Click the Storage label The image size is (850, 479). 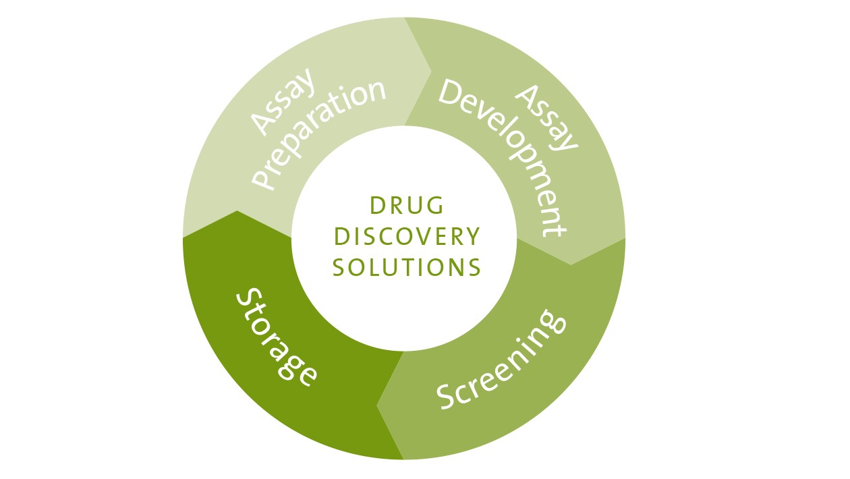click(x=276, y=337)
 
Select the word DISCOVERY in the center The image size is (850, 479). click(x=407, y=236)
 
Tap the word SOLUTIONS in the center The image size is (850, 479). click(x=407, y=267)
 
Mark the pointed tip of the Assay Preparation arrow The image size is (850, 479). click(x=430, y=69)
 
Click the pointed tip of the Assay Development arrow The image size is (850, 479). click(x=571, y=264)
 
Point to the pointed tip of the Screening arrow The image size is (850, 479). click(x=377, y=406)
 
